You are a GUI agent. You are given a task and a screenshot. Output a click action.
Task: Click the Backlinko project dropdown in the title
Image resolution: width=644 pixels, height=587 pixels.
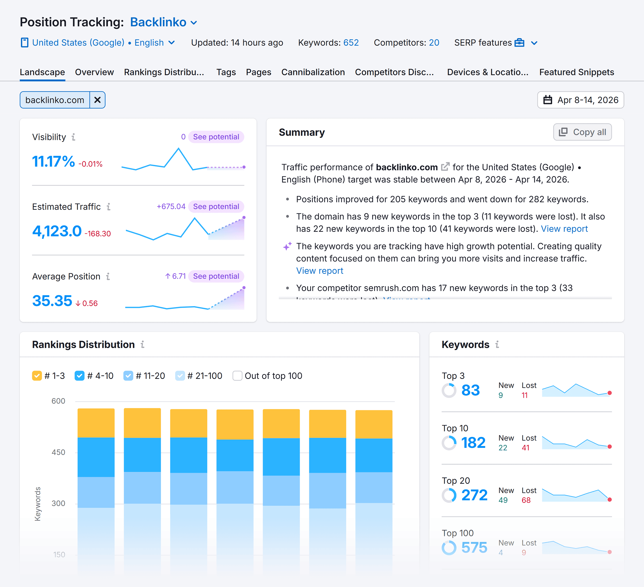point(163,22)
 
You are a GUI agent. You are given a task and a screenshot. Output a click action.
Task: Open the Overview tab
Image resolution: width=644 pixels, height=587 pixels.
point(94,72)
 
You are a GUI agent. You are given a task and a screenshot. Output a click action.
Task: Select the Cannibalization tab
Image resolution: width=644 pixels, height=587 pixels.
point(313,72)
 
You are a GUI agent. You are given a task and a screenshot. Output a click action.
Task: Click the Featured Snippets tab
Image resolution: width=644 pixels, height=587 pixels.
point(576,72)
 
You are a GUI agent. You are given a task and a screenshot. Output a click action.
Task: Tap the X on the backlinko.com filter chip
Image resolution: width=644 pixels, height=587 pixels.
point(97,100)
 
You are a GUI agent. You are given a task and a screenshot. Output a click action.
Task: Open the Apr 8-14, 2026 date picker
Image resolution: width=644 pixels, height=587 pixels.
point(580,100)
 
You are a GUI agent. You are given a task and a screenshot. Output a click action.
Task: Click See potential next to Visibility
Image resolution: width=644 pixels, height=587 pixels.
point(216,137)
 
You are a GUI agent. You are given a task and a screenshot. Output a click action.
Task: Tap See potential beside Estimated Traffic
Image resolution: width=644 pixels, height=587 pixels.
point(216,206)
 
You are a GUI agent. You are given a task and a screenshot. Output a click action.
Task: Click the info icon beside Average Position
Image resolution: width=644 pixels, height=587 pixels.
point(108,276)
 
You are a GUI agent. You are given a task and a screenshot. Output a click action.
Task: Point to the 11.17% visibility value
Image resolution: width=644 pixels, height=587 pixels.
point(53,161)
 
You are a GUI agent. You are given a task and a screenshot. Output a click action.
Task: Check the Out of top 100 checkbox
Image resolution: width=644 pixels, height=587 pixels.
point(237,376)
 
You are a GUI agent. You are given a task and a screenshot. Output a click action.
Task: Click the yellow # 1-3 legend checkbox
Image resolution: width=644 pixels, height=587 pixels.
point(37,376)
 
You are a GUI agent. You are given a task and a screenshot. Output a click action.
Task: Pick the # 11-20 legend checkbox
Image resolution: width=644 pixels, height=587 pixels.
point(128,376)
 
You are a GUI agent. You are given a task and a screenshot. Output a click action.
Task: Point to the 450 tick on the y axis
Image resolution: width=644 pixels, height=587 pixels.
point(58,452)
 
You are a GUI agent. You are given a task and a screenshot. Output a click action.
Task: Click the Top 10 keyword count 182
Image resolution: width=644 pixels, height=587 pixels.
point(473,442)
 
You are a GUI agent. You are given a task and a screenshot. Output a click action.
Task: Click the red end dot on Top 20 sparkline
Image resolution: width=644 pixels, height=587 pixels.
point(609,499)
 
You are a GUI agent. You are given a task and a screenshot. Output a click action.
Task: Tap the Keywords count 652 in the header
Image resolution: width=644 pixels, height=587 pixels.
point(351,43)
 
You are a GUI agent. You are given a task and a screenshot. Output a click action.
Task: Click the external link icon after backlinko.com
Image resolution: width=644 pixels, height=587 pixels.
point(445,167)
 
